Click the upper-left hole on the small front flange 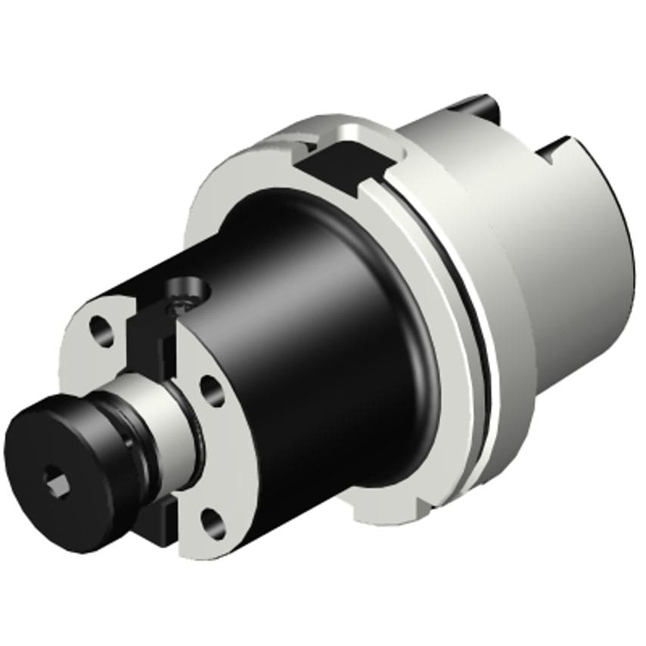click(x=98, y=328)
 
